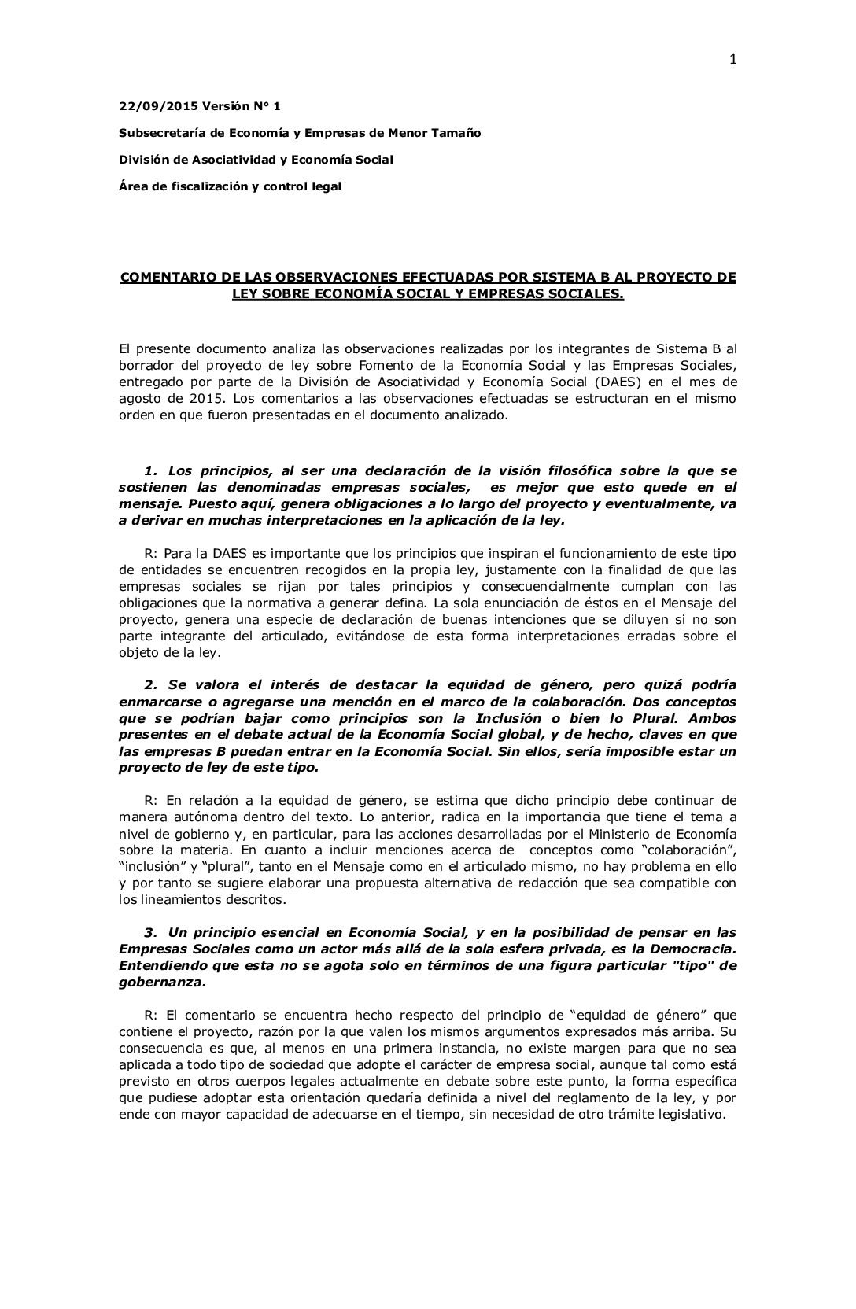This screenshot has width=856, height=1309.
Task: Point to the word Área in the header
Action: click(132, 186)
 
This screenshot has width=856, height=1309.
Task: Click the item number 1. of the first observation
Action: click(151, 470)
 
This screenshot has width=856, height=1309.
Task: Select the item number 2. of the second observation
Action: click(151, 685)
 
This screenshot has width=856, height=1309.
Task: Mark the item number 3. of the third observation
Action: click(151, 932)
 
